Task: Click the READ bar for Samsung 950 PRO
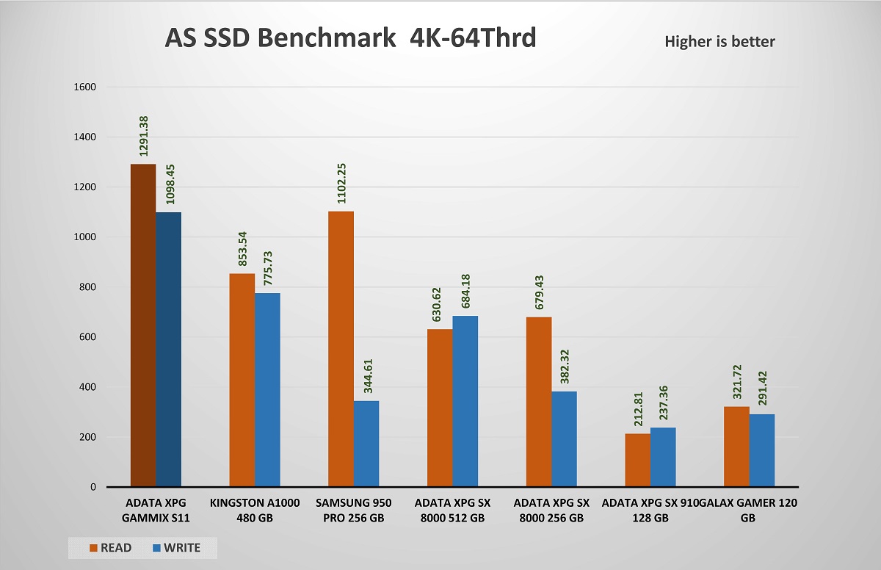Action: point(341,349)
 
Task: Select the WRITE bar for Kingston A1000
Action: point(267,389)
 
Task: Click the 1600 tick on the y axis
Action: point(86,87)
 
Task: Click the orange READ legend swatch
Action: point(94,547)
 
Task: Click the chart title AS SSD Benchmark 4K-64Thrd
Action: point(351,38)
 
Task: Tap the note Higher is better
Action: point(719,42)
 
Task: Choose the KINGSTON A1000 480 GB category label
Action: point(254,510)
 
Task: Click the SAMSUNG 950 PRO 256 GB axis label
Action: point(353,510)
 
